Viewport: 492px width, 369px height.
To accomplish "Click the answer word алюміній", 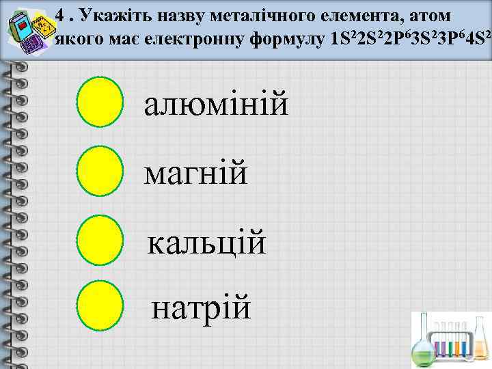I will pos(216,106).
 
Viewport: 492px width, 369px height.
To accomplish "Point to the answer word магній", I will pos(196,173).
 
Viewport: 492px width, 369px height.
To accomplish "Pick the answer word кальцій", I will pos(207,243).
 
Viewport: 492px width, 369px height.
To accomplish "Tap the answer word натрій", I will pos(202,308).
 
